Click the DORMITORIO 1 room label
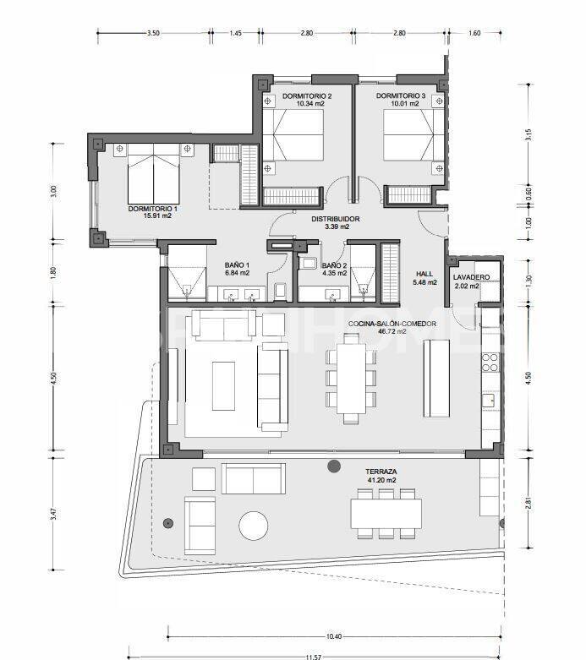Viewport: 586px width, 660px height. [x=153, y=208]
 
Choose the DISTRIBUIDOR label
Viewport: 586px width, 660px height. [x=336, y=219]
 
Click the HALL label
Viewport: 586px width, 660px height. [x=424, y=273]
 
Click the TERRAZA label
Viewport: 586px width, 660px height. [x=381, y=471]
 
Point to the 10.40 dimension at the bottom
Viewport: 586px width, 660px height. [x=333, y=636]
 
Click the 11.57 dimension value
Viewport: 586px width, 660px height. [x=314, y=656]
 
